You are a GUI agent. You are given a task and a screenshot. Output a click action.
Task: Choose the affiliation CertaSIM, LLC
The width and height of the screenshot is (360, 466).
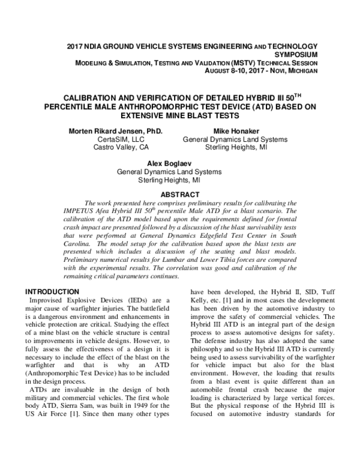click(x=121, y=139)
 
